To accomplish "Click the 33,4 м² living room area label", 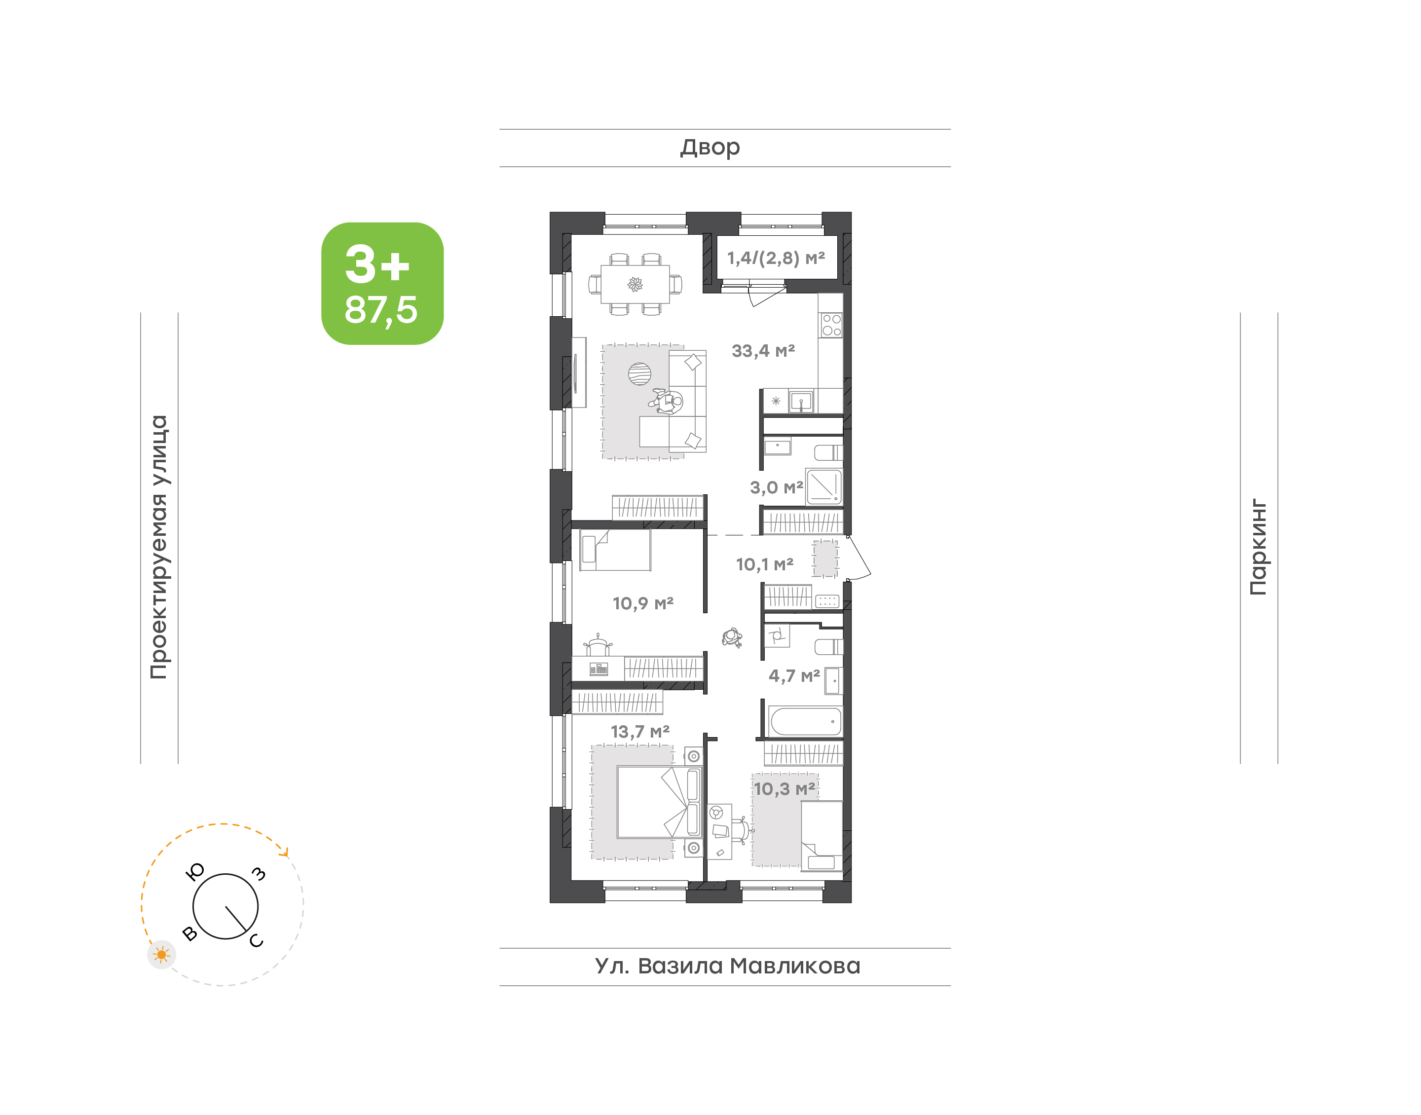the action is pyautogui.click(x=763, y=351).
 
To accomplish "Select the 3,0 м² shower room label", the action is pyautogui.click(x=776, y=487).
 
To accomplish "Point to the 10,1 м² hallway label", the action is pyautogui.click(x=764, y=565).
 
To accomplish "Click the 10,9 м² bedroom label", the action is pyautogui.click(x=643, y=603).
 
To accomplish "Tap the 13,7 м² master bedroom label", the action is pyautogui.click(x=639, y=732).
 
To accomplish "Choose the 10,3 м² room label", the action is pyautogui.click(x=785, y=789).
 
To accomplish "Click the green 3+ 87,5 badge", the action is pyautogui.click(x=382, y=283).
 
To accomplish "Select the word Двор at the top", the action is pyautogui.click(x=710, y=148).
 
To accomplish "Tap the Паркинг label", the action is pyautogui.click(x=1258, y=547).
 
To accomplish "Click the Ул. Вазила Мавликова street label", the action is pyautogui.click(x=727, y=966).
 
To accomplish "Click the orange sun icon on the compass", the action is pyautogui.click(x=161, y=955).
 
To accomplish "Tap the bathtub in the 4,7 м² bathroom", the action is pyautogui.click(x=805, y=721).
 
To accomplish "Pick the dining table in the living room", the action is pyautogui.click(x=635, y=284).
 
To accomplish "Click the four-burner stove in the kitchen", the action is pyautogui.click(x=831, y=325).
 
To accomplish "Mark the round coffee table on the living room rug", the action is pyautogui.click(x=639, y=374).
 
